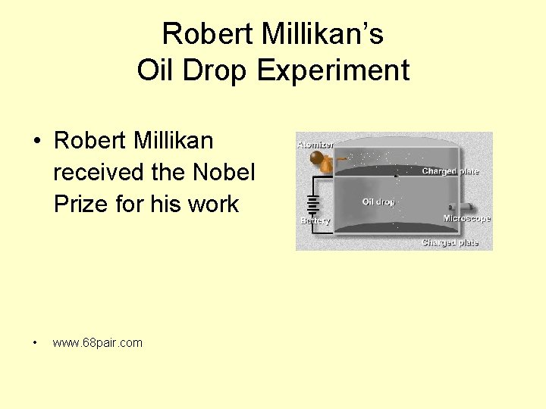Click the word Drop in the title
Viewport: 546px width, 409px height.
click(x=215, y=70)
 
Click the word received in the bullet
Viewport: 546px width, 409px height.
click(x=99, y=172)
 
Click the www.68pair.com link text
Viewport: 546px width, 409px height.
click(x=97, y=343)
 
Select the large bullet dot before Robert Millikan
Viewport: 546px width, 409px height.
click(x=36, y=142)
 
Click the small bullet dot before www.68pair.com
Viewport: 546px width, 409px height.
click(x=36, y=343)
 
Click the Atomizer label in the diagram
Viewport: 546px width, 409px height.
click(x=315, y=144)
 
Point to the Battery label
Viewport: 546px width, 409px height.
click(x=315, y=221)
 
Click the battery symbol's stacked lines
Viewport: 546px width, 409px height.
click(x=311, y=204)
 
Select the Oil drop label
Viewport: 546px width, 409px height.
click(x=378, y=202)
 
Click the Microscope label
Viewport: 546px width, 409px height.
click(x=466, y=219)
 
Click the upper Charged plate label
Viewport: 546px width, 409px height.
click(x=450, y=171)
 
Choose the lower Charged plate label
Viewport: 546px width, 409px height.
click(x=450, y=243)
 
